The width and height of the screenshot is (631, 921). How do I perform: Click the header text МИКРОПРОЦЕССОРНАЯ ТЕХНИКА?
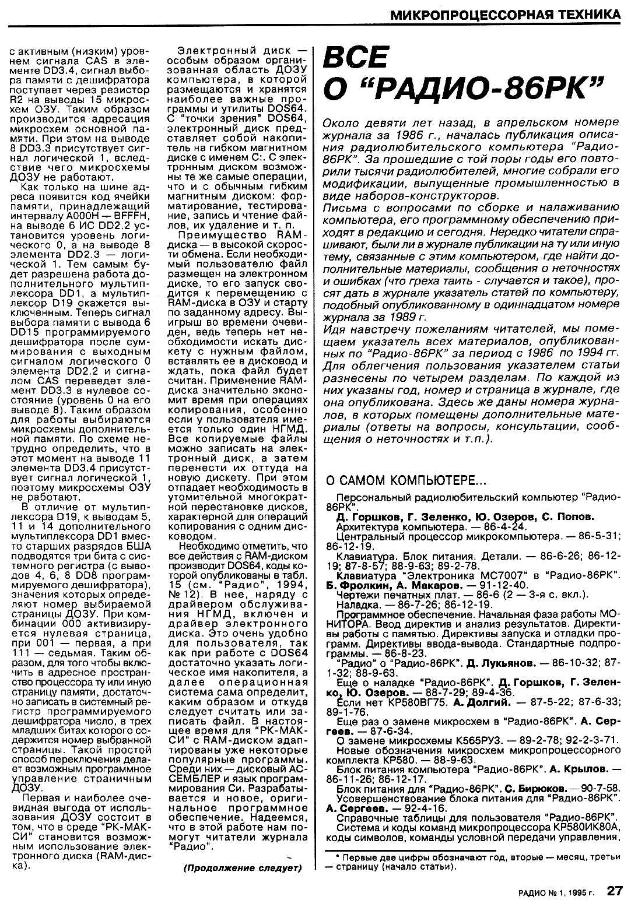pos(504,13)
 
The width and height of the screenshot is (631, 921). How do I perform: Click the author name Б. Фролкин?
pos(355,585)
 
